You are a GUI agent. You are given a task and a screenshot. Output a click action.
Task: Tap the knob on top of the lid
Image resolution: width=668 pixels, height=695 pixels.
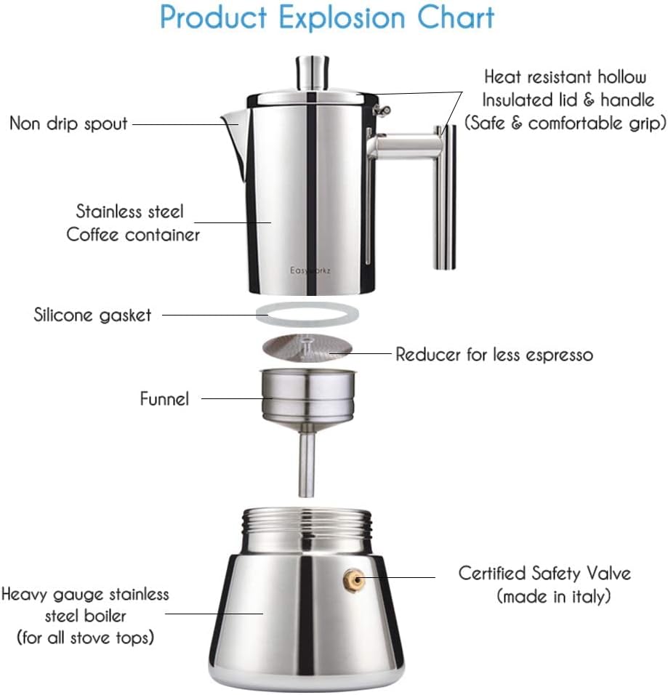coord(308,73)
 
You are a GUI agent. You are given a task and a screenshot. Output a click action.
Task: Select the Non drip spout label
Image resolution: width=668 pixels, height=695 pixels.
coord(68,123)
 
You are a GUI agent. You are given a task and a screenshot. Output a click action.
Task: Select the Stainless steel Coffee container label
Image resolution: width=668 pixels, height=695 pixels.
coord(132,223)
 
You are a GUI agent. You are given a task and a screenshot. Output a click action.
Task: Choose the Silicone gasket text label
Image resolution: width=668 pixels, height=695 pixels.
coord(93,315)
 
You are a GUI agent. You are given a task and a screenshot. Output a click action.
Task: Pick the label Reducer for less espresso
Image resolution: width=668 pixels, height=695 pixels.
coord(494,355)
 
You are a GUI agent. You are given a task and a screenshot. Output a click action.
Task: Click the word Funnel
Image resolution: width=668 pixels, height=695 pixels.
coord(164,398)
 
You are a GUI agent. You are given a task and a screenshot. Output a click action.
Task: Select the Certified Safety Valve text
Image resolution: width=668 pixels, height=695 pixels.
coord(544,573)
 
